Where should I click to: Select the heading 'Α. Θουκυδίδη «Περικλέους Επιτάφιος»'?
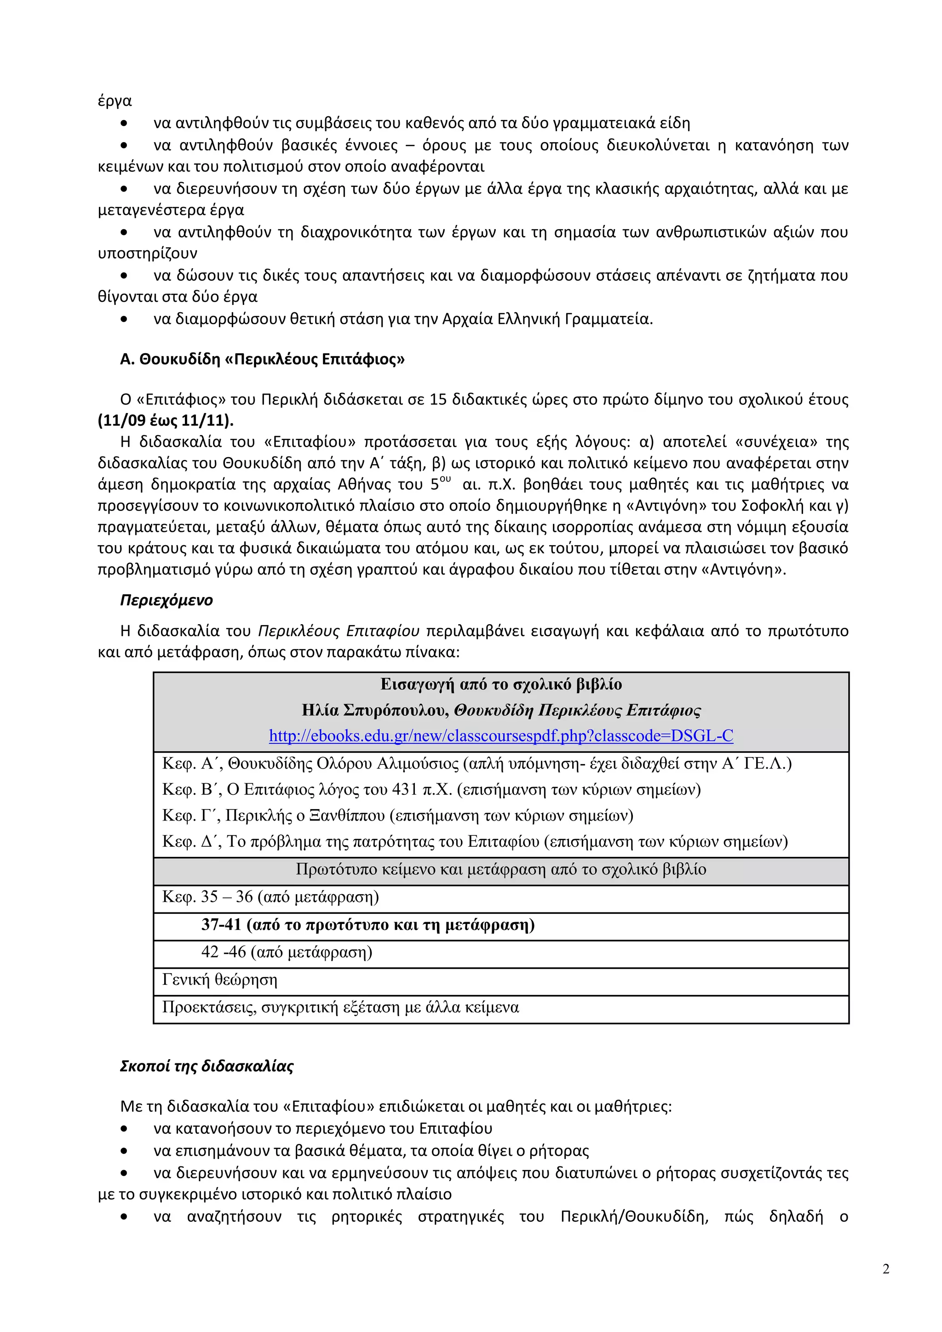point(262,359)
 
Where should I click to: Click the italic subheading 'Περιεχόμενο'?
point(167,600)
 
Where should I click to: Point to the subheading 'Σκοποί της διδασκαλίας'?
point(207,1066)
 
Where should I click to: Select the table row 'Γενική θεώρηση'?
point(220,979)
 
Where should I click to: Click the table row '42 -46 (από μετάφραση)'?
point(287,952)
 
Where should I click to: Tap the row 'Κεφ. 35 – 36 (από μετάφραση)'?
point(270,897)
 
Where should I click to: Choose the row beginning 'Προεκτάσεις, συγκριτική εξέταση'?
point(340,1007)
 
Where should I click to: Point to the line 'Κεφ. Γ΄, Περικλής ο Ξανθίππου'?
point(397,815)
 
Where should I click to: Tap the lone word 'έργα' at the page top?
point(115,101)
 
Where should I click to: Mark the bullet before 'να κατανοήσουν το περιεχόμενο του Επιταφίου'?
point(124,1128)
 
